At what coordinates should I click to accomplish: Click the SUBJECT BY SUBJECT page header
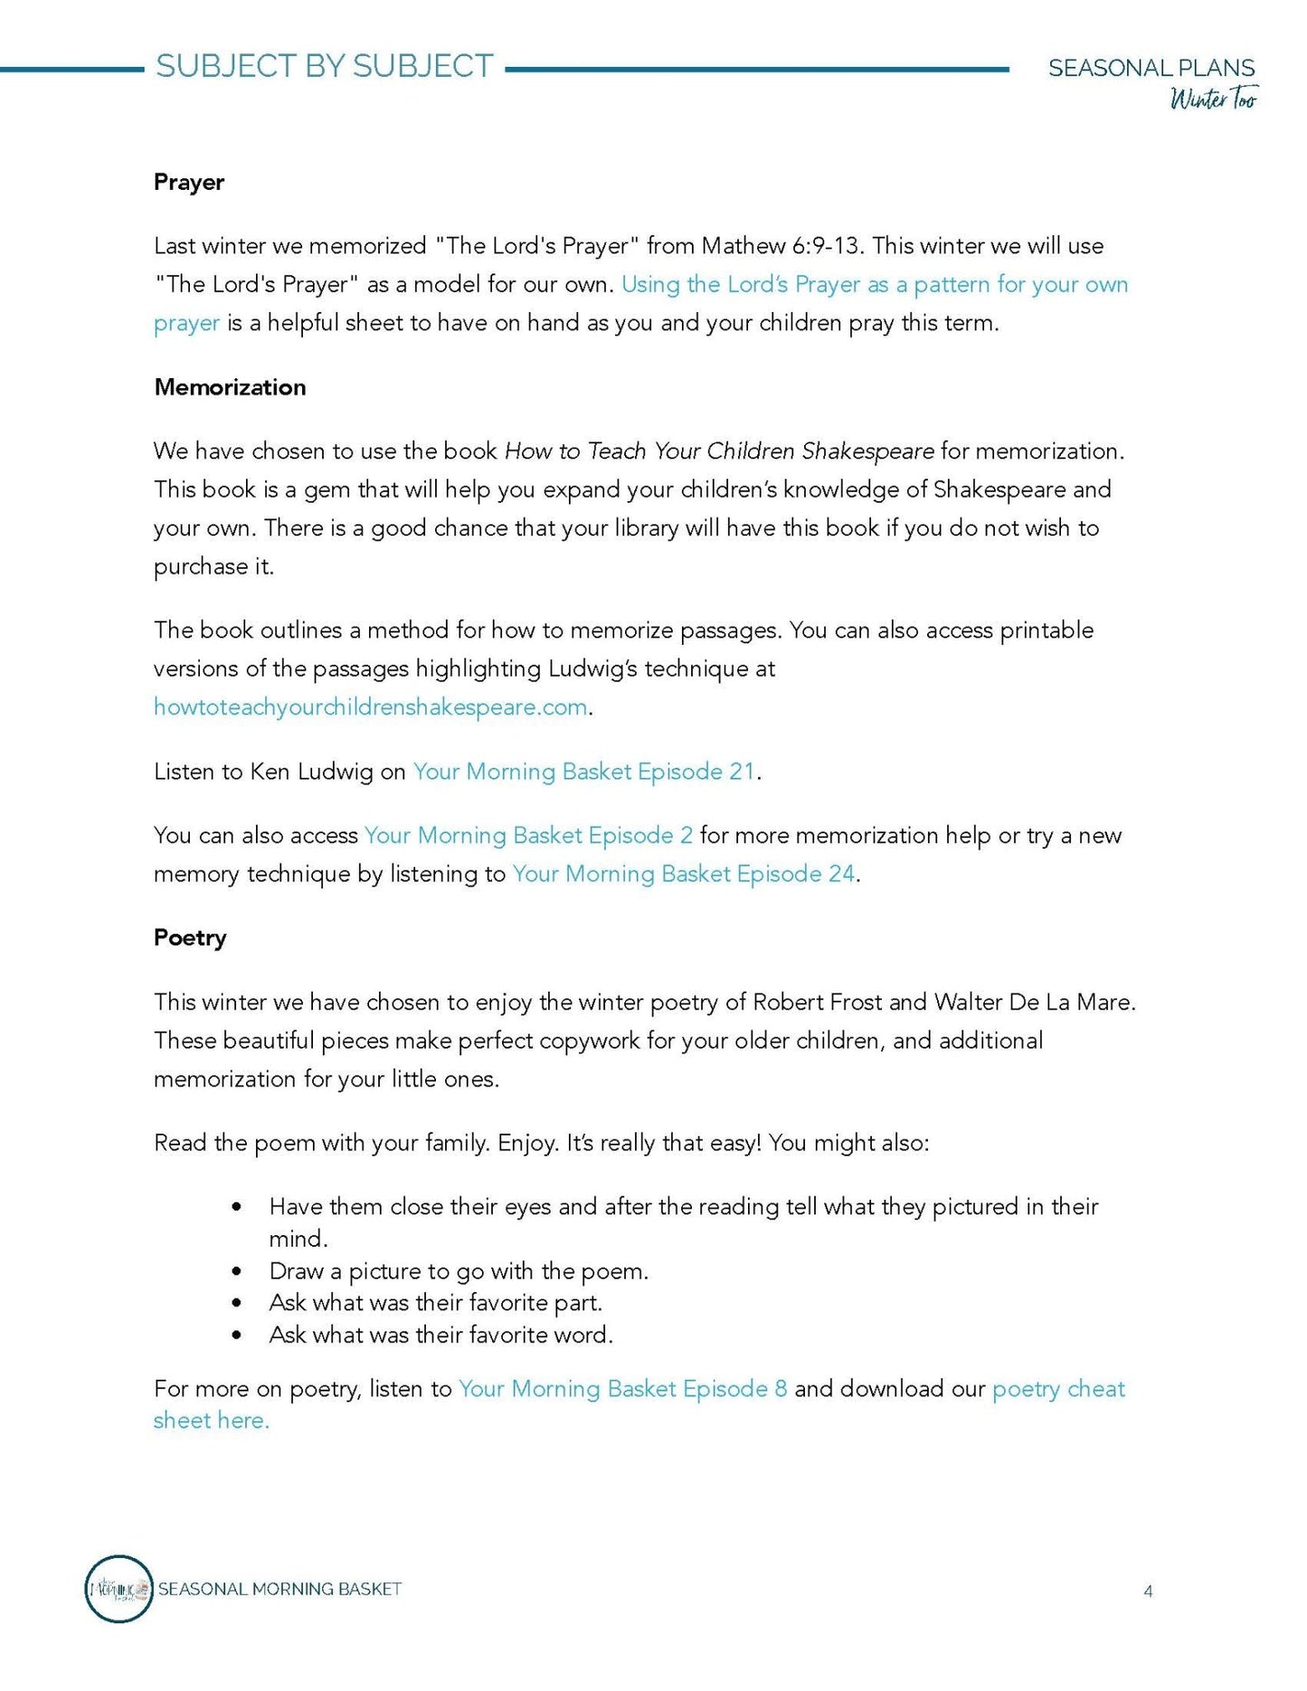[324, 66]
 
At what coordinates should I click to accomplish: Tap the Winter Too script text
[1213, 98]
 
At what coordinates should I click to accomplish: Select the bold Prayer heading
[188, 182]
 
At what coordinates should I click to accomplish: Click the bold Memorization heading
[230, 387]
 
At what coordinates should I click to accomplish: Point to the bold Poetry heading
[190, 937]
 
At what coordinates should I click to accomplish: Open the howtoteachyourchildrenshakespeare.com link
[370, 707]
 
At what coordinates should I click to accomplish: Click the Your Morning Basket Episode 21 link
[583, 771]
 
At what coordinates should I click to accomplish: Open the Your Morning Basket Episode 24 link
[683, 873]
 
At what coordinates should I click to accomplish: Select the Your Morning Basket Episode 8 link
[622, 1388]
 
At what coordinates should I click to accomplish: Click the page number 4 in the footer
[1148, 1591]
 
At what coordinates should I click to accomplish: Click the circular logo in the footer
[118, 1589]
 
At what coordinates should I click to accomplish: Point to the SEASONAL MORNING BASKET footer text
[279, 1589]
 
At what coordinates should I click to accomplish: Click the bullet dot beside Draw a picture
[237, 1271]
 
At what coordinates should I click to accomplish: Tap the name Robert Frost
[817, 1002]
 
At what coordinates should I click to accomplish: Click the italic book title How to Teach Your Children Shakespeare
[719, 451]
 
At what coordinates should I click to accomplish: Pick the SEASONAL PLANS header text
[1151, 68]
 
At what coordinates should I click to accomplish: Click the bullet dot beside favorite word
[237, 1335]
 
